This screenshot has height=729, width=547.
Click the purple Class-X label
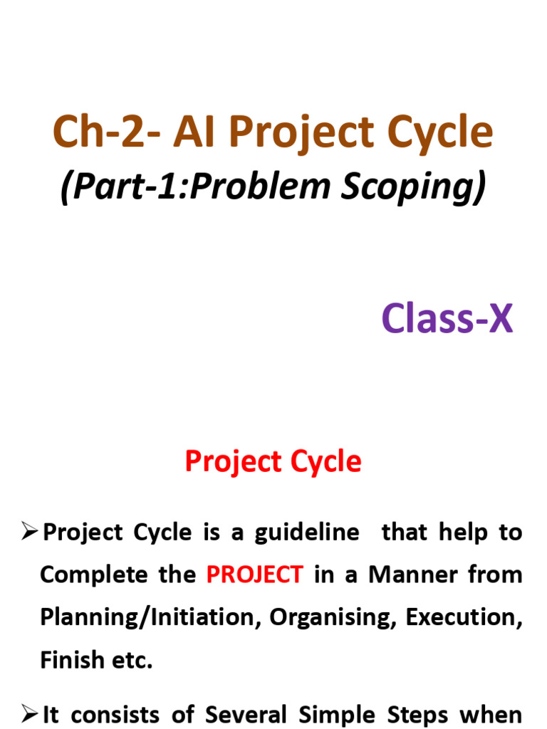pyautogui.click(x=447, y=318)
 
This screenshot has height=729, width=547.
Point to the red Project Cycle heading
pyautogui.click(x=273, y=462)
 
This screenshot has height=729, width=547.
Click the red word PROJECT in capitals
pyautogui.click(x=255, y=575)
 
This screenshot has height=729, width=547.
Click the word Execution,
pyautogui.click(x=464, y=617)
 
